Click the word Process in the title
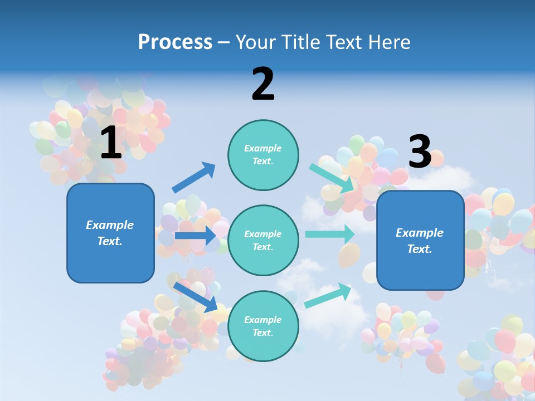tap(175, 42)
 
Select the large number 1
tap(111, 143)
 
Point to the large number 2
tap(263, 85)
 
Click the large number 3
tap(420, 152)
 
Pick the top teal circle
tap(263, 155)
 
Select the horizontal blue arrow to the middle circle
tap(195, 236)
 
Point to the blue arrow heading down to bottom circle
tap(195, 297)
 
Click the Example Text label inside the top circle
tap(263, 155)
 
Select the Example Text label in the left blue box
tap(110, 233)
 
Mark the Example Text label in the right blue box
tap(420, 241)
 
